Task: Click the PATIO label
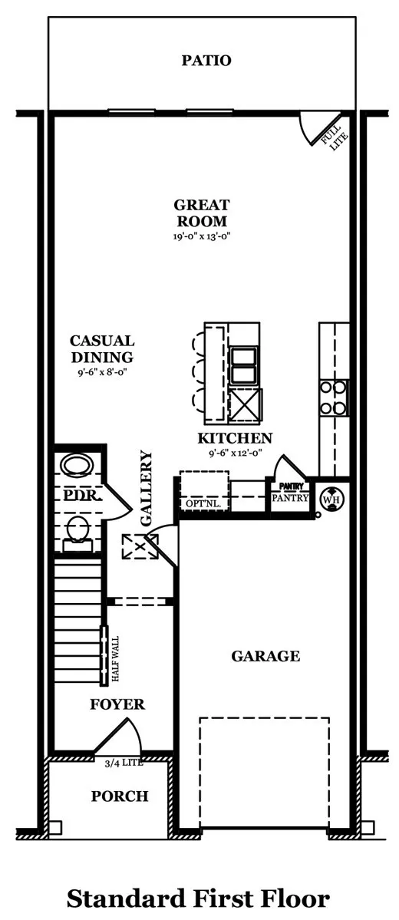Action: pyautogui.click(x=206, y=60)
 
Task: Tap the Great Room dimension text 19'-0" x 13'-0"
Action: pyautogui.click(x=201, y=236)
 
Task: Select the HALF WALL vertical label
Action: pyautogui.click(x=115, y=659)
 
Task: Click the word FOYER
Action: pyautogui.click(x=117, y=704)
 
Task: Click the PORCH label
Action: pyautogui.click(x=120, y=796)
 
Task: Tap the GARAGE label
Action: pyautogui.click(x=265, y=655)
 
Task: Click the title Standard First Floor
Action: pyautogui.click(x=198, y=899)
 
